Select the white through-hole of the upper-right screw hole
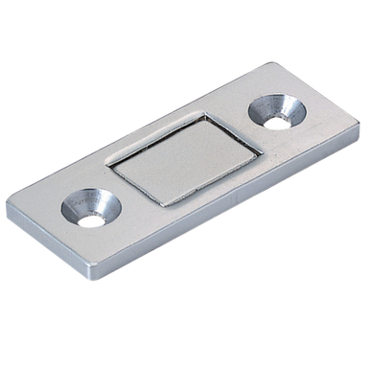[x=284, y=121]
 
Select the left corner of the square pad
[x=106, y=163]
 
